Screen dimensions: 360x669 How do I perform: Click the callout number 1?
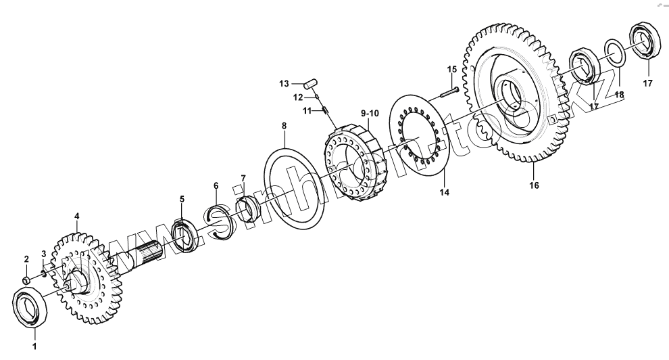(34, 347)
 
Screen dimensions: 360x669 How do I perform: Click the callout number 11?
(305, 110)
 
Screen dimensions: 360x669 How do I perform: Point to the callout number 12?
(298, 97)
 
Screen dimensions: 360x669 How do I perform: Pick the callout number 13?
(284, 83)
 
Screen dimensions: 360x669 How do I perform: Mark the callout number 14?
(444, 192)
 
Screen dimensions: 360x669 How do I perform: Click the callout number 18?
(620, 95)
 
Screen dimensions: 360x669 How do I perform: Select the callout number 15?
(452, 69)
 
